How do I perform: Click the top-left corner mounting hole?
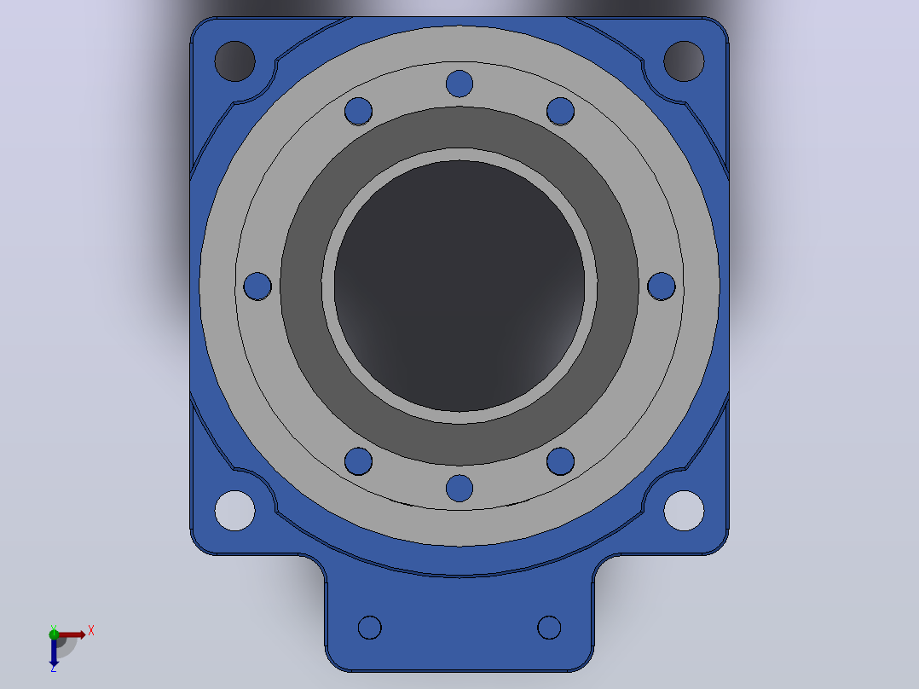click(x=234, y=61)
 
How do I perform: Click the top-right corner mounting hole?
click(x=684, y=61)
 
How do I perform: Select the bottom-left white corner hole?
click(x=234, y=511)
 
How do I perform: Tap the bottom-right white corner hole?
click(x=684, y=511)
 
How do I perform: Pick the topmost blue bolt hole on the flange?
click(x=459, y=84)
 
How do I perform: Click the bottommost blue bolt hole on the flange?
click(x=459, y=489)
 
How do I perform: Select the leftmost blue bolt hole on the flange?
click(x=257, y=287)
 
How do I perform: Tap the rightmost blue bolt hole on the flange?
click(x=662, y=287)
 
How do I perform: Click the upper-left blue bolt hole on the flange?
click(x=358, y=111)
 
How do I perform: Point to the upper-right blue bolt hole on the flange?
click(x=560, y=111)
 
